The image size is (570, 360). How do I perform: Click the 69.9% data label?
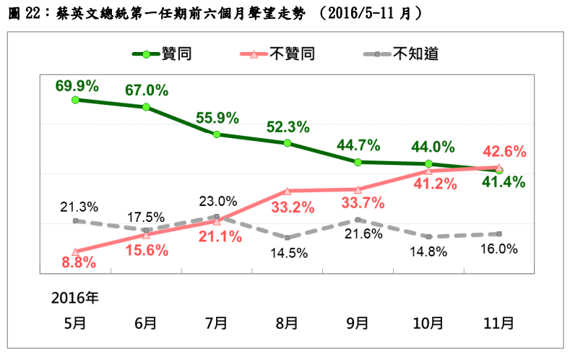tap(77, 86)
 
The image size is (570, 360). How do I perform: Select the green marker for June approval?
tap(146, 107)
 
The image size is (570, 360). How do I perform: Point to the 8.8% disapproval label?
tap(79, 263)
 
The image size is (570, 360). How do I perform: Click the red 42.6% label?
tap(504, 153)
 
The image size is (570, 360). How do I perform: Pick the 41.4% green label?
tap(504, 181)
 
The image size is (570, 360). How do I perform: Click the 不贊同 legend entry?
tap(292, 54)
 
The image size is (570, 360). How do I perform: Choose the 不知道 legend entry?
tap(415, 54)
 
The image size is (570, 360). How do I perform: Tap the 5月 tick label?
tap(75, 322)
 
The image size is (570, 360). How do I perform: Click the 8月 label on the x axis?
tap(287, 322)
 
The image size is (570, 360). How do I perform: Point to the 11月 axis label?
tap(499, 322)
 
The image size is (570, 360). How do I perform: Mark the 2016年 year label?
tap(75, 298)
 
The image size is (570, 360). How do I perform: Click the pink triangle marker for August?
tap(287, 192)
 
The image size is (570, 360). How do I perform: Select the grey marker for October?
tap(429, 236)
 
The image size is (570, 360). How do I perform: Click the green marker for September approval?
tap(358, 162)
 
